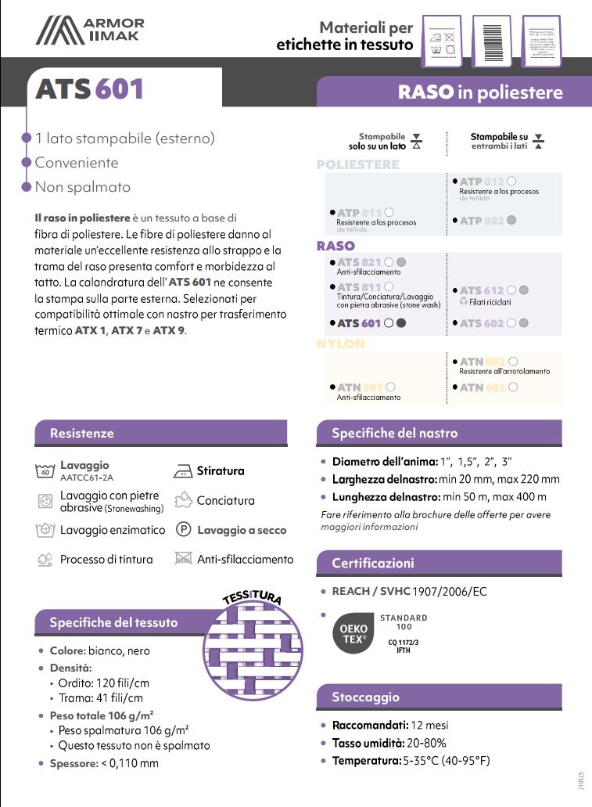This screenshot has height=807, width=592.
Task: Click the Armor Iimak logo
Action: point(90,31)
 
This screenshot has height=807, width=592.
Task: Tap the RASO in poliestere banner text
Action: point(479,92)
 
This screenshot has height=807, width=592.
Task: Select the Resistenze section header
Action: point(82,433)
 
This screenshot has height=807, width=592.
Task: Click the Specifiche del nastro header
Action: point(394,433)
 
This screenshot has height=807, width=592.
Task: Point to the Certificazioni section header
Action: point(373,563)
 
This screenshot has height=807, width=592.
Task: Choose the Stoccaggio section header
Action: point(365,697)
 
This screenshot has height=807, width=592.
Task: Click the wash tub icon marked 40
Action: point(45,470)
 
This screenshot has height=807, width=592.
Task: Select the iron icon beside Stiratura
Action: point(182,471)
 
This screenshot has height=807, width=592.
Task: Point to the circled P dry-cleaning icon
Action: point(183,530)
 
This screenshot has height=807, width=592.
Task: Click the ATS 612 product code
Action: point(482,290)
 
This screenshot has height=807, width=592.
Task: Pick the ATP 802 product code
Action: point(481,222)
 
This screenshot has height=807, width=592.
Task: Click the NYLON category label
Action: point(340,344)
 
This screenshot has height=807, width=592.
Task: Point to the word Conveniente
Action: point(77,163)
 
